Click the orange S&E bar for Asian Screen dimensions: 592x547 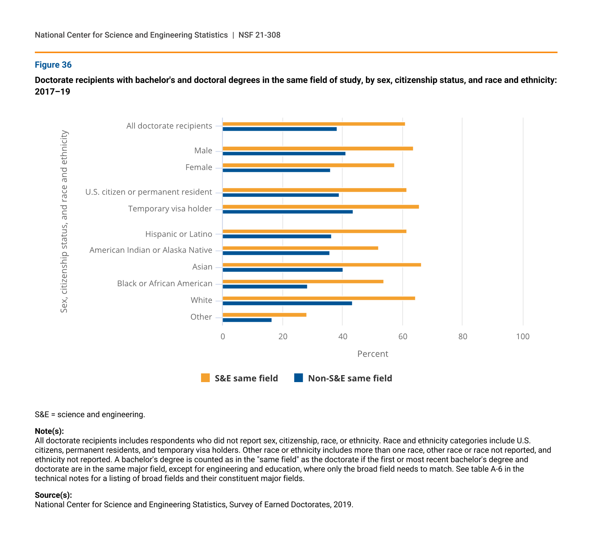pos(322,265)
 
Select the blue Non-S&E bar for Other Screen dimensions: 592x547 pos(247,320)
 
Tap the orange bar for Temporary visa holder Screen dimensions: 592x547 pos(321,207)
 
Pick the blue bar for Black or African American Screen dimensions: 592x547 pos(265,287)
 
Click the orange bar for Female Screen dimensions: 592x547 pos(308,165)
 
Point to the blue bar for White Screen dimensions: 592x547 pos(287,303)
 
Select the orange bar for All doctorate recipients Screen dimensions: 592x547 pos(314,124)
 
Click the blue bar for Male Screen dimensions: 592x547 pos(284,153)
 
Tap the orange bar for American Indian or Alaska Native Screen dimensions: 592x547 pos(300,248)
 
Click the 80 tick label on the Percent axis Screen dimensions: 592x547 pos(463,336)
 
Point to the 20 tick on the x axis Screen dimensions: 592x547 pos(283,336)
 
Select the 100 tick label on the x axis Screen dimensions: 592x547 pos(523,336)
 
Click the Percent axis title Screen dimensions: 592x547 pos(372,354)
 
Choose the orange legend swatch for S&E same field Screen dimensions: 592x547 pos(205,378)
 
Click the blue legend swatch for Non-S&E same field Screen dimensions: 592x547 pos(299,378)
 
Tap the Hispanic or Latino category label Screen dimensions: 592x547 pos(179,234)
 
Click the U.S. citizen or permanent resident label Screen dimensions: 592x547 pos(149,192)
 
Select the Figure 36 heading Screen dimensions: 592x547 pos(53,65)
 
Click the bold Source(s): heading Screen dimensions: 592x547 pos(53,495)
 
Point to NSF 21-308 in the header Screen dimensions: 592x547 pos(259,35)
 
